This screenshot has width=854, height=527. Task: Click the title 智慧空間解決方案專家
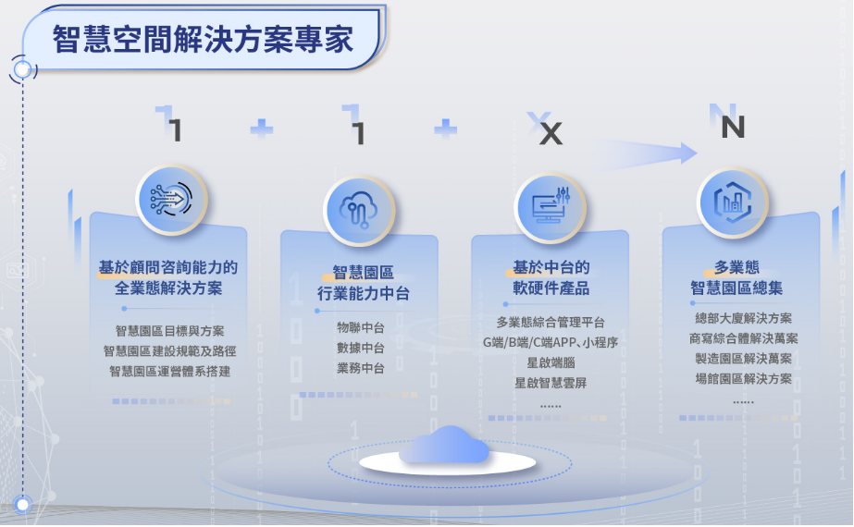203,40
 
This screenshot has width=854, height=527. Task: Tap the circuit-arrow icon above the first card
171,199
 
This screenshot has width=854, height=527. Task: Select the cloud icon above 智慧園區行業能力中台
358,210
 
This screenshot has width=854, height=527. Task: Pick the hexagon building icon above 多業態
733,202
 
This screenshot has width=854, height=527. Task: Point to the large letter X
551,133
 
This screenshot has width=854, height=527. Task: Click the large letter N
733,128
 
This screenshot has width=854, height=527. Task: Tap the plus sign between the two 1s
262,129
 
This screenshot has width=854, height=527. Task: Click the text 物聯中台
361,327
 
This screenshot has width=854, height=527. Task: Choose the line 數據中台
361,348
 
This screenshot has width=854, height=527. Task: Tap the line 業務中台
361,368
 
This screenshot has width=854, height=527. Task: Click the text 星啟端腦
551,362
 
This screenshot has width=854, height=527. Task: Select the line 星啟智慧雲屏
551,383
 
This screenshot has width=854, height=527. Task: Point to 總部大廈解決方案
744,318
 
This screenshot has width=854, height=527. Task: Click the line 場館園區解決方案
744,379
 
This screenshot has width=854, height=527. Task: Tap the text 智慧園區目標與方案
170,331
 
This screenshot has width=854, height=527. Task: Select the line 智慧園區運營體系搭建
170,372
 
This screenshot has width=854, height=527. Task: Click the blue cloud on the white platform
444,445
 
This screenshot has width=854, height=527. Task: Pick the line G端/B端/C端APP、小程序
551,342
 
